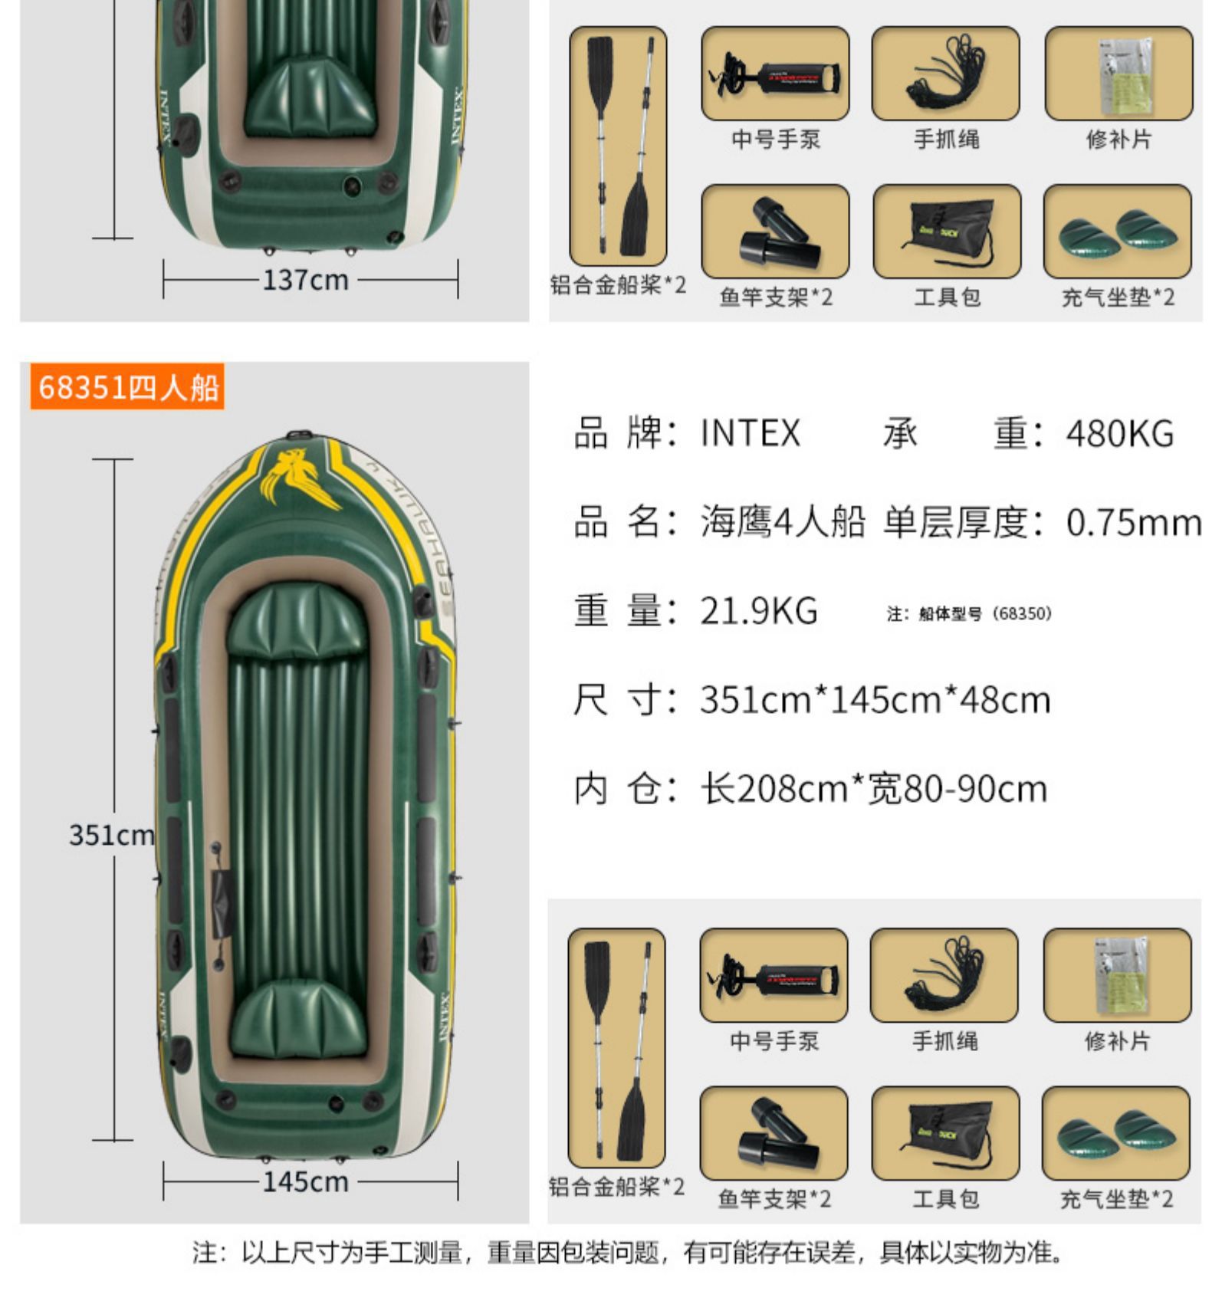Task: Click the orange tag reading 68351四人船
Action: pyautogui.click(x=127, y=386)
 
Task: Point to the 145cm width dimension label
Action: pyautogui.click(x=305, y=1181)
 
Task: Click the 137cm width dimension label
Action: pyautogui.click(x=305, y=280)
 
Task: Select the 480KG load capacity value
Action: pyautogui.click(x=1119, y=434)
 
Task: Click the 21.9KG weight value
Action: pyautogui.click(x=758, y=611)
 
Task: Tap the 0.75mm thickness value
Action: pyautogui.click(x=1133, y=523)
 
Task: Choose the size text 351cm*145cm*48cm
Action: pyautogui.click(x=874, y=700)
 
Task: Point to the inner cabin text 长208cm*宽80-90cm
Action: pyautogui.click(x=873, y=789)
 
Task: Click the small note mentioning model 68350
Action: pyautogui.click(x=969, y=613)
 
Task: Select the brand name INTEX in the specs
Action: pyautogui.click(x=750, y=434)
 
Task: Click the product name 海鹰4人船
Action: pyautogui.click(x=782, y=523)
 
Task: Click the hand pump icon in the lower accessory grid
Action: pyautogui.click(x=774, y=976)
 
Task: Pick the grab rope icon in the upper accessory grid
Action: pyautogui.click(x=945, y=74)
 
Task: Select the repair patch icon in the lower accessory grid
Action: pyautogui.click(x=1117, y=976)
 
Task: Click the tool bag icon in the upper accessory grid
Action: pyautogui.click(x=947, y=232)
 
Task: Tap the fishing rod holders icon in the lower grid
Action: pyautogui.click(x=774, y=1133)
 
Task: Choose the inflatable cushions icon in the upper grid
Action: pyautogui.click(x=1117, y=232)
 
